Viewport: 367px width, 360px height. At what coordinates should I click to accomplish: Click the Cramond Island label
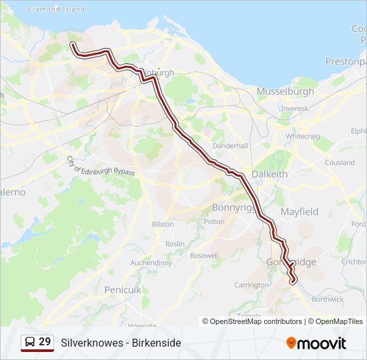pos(56,9)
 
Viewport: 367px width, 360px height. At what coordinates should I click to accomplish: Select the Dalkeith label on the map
pos(270,174)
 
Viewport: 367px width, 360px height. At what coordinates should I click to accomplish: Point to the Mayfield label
pos(299,212)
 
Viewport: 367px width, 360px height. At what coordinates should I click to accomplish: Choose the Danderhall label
pos(230,145)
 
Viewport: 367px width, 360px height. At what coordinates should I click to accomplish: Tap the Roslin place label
pos(175,244)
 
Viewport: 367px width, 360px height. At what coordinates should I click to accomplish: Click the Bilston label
pos(163,225)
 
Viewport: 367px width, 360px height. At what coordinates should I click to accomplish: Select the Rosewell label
pos(204,255)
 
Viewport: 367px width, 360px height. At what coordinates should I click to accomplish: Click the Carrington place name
pos(252,285)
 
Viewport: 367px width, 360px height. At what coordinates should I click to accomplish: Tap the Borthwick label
pos(327,299)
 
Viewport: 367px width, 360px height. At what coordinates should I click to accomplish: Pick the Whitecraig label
pos(304,136)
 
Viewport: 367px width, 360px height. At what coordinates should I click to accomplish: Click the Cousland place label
pos(340,163)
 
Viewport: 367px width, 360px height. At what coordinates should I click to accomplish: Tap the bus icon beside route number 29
pos(30,342)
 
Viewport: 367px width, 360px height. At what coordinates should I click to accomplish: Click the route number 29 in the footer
pos(45,342)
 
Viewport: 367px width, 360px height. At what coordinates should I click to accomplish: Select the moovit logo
pos(316,343)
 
